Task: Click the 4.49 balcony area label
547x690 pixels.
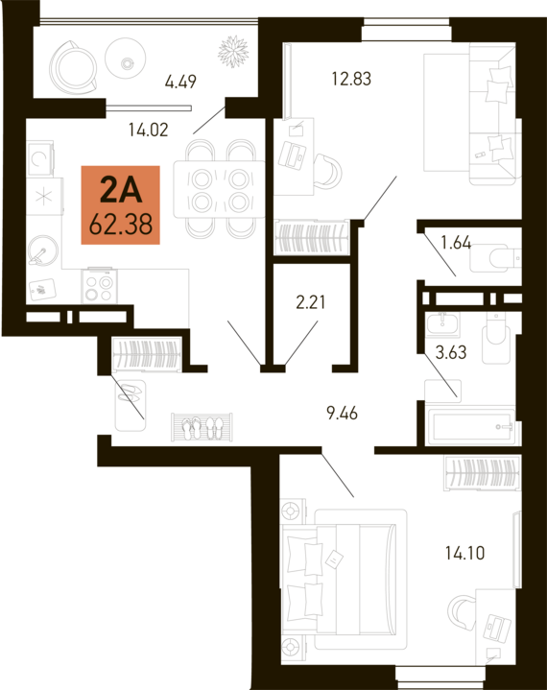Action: coord(180,82)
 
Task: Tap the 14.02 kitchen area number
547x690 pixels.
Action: coord(149,130)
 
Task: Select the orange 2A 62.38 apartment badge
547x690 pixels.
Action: coord(121,204)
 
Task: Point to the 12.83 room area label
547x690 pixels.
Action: coord(351,79)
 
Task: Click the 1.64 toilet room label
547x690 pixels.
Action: coord(456,243)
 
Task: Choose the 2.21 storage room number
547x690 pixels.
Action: coord(311,302)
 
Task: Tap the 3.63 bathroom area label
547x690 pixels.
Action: coord(451,352)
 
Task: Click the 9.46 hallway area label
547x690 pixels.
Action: coord(342,414)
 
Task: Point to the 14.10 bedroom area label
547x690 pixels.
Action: coord(464,553)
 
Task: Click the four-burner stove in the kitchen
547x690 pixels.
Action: coord(99,286)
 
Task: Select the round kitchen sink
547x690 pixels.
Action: coord(42,250)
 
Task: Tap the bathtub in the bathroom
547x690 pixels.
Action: coord(471,427)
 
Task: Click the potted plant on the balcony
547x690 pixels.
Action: coord(233,51)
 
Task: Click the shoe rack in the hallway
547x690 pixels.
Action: coord(202,427)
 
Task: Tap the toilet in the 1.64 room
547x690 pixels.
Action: coord(495,258)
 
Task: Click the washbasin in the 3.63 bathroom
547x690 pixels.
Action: coord(442,324)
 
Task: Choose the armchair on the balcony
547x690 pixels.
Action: coord(73,67)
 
